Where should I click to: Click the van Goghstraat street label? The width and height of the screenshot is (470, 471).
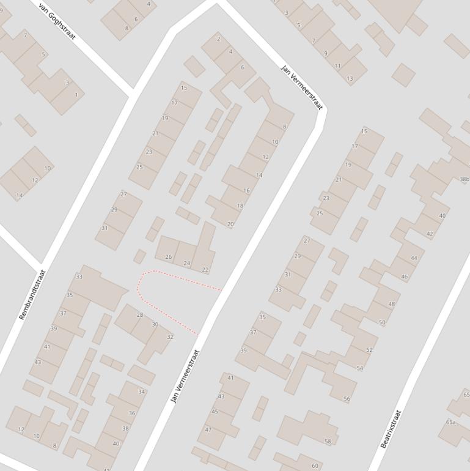[x=57, y=21]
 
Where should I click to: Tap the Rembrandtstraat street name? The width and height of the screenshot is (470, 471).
[x=32, y=295]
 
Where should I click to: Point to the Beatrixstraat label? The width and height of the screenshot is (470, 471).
[x=391, y=429]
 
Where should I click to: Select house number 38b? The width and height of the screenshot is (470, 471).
[x=464, y=180]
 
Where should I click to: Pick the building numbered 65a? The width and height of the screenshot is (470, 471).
[x=451, y=422]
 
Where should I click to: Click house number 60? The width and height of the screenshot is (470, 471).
[x=315, y=465]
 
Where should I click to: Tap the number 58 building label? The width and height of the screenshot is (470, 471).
[x=328, y=441]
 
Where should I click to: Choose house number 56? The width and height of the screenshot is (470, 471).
[x=347, y=399]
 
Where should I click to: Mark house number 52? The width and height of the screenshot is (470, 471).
[x=369, y=350]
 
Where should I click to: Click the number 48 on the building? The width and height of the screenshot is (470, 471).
[x=391, y=304]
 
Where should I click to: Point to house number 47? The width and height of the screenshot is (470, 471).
[x=208, y=429]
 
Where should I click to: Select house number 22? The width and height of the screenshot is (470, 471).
[x=205, y=270]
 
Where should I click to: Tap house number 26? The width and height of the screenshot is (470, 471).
[x=169, y=257]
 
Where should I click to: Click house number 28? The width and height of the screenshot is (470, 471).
[x=139, y=315]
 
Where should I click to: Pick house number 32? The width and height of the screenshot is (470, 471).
[x=170, y=337]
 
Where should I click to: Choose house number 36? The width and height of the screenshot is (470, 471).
[x=132, y=414]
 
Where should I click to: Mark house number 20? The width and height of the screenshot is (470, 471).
[x=230, y=224]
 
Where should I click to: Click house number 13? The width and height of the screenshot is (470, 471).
[x=350, y=78]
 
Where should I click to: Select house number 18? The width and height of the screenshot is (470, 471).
[x=240, y=206]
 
